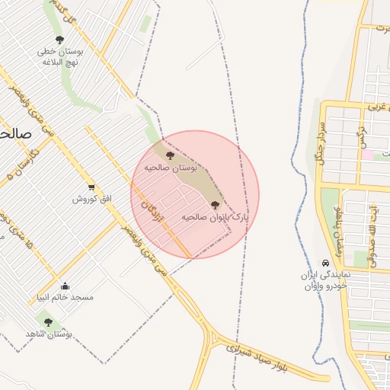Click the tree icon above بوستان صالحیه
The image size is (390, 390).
(x=169, y=155)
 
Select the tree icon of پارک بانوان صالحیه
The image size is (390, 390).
(x=213, y=205)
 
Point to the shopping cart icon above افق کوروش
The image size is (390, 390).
(x=91, y=187)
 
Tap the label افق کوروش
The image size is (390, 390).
(x=92, y=199)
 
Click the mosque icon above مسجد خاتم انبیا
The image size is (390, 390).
(x=65, y=286)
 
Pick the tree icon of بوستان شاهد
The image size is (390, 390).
(x=48, y=323)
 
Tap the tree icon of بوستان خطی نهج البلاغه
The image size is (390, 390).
(x=60, y=40)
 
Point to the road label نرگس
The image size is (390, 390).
(x=363, y=138)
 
